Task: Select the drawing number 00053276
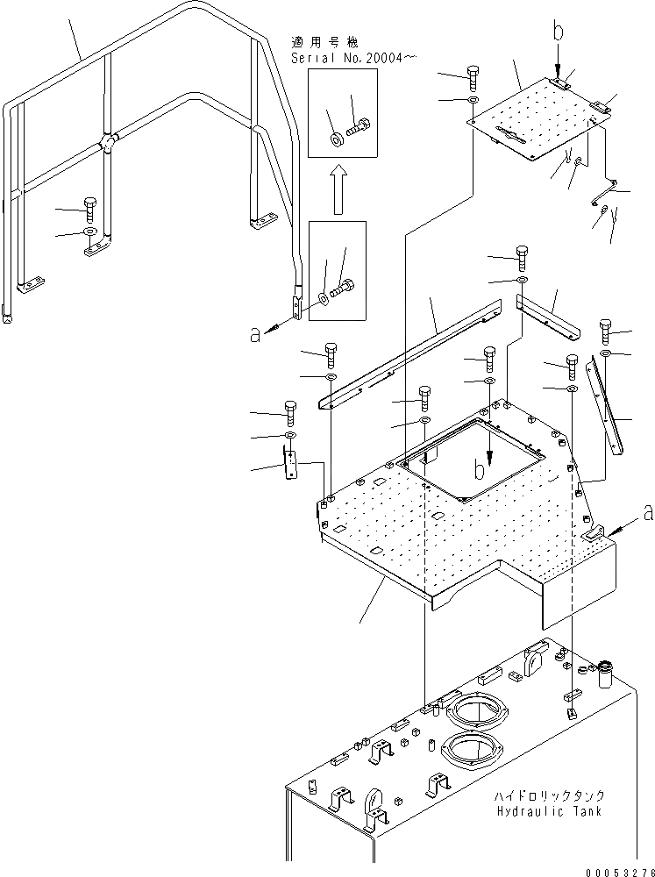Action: pyautogui.click(x=614, y=867)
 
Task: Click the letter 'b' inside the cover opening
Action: pyautogui.click(x=480, y=469)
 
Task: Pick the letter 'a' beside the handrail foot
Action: pyautogui.click(x=255, y=332)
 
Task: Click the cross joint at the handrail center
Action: pyautogui.click(x=108, y=142)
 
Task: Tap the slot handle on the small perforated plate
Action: pyautogui.click(x=512, y=135)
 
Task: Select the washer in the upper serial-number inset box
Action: pyautogui.click(x=336, y=139)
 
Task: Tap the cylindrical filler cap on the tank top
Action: pyautogui.click(x=605, y=678)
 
